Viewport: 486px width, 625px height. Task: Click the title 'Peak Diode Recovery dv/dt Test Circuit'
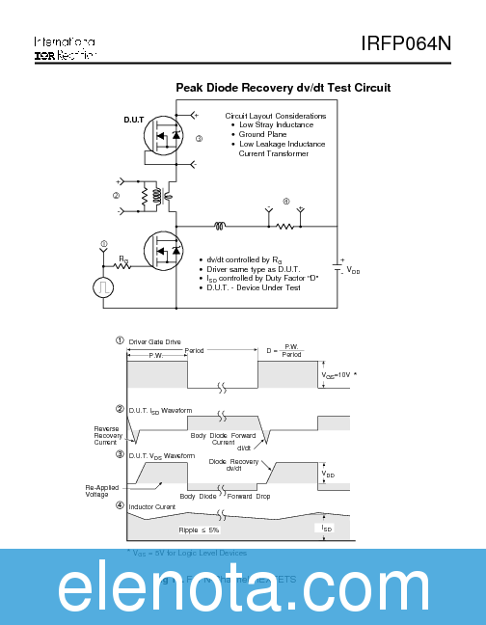[x=283, y=88]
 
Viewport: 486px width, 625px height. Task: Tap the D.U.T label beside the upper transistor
[x=133, y=121]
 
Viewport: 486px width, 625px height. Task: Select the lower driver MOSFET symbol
[x=166, y=251]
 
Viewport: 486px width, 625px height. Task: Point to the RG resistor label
[x=123, y=258]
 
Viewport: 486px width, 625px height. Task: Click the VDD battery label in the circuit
[x=353, y=271]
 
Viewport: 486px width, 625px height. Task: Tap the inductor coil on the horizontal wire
[x=220, y=228]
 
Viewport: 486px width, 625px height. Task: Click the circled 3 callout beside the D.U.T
[x=199, y=139]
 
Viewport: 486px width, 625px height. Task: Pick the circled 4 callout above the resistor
[x=285, y=201]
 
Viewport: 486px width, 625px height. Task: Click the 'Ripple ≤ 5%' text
[x=199, y=530]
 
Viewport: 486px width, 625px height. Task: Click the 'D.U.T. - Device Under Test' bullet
[x=256, y=287]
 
